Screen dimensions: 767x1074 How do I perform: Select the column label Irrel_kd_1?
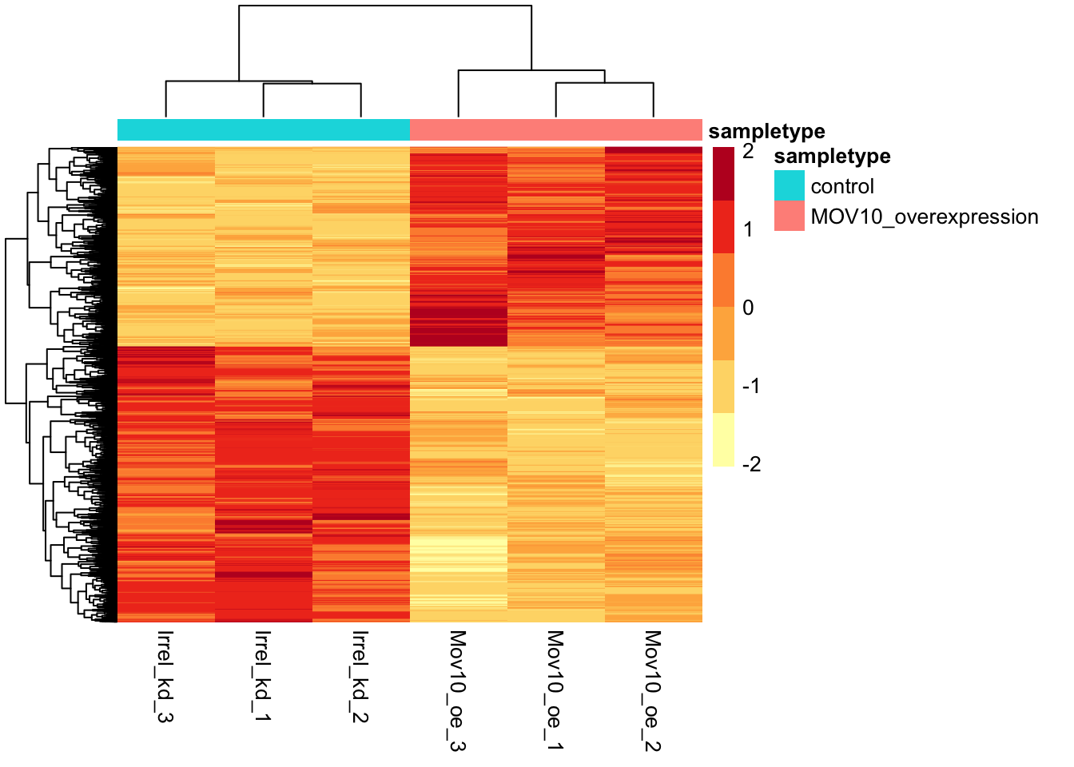263,676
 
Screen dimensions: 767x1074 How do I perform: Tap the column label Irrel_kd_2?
360,676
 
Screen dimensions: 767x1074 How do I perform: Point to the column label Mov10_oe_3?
458,690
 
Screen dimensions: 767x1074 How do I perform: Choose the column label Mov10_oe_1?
555,690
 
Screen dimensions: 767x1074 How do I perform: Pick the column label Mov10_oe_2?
653,690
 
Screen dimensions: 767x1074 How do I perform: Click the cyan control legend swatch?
789,186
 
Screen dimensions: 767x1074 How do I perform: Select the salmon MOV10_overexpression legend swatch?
789,217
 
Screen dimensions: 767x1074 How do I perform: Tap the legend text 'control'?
842,186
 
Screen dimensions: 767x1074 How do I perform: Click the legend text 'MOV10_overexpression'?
925,217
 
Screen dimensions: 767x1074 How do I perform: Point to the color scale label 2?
748,152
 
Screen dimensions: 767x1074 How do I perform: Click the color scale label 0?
748,308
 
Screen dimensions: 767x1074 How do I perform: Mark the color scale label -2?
751,464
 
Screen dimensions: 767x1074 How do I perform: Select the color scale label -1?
751,386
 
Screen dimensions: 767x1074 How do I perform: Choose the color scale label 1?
748,230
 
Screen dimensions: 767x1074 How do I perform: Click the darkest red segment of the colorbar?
723,173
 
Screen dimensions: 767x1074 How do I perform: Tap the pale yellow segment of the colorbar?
723,439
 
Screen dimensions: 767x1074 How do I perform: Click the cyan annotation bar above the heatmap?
264,129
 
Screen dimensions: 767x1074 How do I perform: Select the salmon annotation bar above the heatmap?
556,129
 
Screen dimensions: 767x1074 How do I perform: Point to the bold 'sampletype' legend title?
832,157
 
